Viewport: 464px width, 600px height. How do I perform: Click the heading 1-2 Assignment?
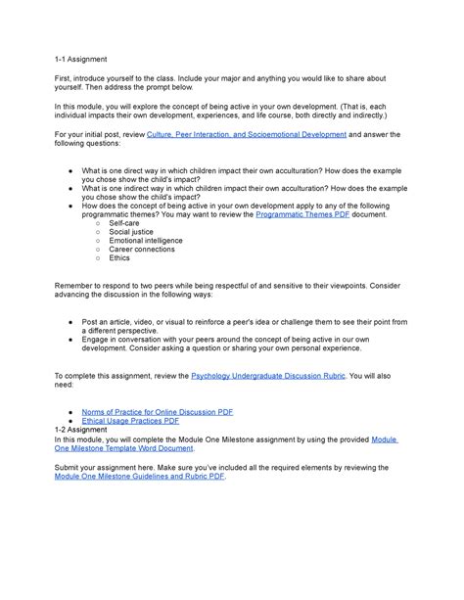point(79,429)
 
